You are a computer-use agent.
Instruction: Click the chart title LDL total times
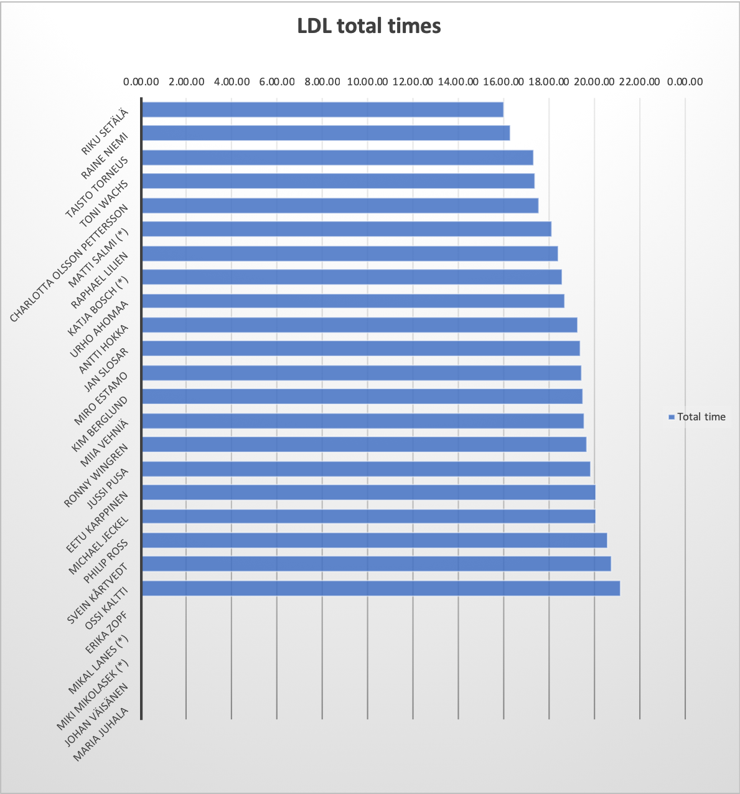point(369,26)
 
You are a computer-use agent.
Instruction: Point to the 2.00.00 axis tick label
point(187,82)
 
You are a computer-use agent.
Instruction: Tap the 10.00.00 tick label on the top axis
point(367,82)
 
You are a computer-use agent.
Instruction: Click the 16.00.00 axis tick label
point(503,82)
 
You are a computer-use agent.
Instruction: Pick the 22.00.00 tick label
point(639,82)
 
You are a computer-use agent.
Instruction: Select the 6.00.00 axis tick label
point(277,82)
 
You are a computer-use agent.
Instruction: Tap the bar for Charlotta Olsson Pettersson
point(340,206)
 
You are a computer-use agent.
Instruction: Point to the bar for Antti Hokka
point(359,325)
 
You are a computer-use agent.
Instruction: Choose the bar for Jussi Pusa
point(366,469)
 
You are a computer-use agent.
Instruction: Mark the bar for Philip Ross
point(374,541)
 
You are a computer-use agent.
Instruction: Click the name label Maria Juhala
point(101,734)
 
